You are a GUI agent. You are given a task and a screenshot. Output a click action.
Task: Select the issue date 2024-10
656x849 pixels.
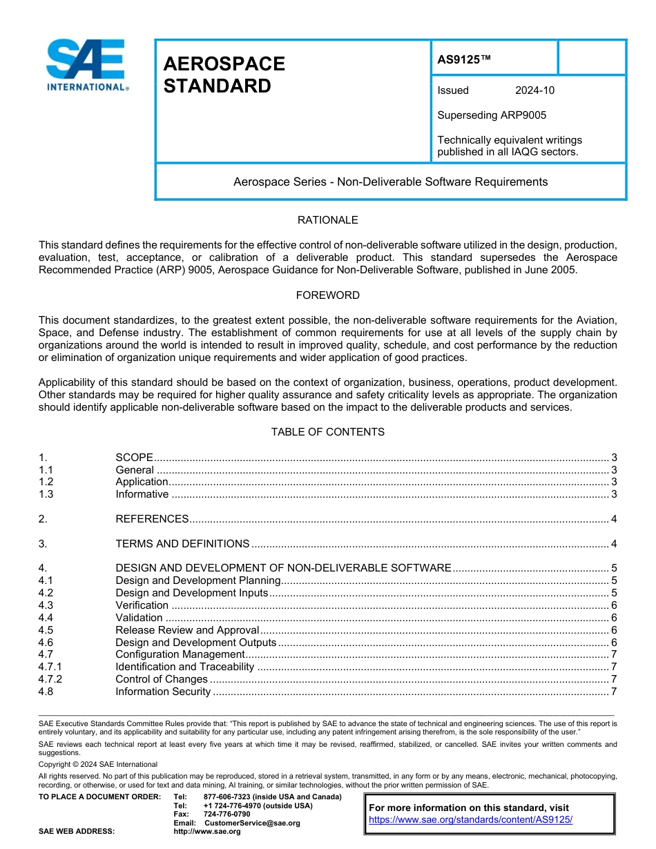click(x=534, y=90)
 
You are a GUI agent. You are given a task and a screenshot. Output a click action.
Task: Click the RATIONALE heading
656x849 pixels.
click(x=327, y=220)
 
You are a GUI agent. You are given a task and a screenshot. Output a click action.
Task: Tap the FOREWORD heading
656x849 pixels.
click(x=327, y=295)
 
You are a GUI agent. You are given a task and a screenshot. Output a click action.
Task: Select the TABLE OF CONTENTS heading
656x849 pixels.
click(x=327, y=432)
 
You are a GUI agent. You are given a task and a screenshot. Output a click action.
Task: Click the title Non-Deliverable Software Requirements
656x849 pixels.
click(x=390, y=182)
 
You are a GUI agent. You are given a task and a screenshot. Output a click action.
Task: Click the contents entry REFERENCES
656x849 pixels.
click(x=152, y=519)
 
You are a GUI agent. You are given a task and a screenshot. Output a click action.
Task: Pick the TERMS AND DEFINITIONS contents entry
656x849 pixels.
click(x=182, y=544)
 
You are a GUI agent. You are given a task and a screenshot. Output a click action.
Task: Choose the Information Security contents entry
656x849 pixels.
click(x=163, y=692)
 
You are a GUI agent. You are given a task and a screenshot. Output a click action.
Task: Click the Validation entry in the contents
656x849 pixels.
click(x=139, y=618)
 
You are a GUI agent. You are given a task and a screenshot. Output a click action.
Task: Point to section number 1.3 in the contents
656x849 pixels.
click(x=46, y=494)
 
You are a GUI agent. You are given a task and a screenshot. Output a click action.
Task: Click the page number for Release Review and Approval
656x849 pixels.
click(x=614, y=630)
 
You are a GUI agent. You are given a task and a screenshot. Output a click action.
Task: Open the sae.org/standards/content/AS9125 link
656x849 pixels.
click(x=471, y=820)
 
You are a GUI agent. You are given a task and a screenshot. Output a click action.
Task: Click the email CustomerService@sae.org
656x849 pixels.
click(x=252, y=823)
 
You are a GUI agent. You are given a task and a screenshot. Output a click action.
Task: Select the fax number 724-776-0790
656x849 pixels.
click(x=226, y=814)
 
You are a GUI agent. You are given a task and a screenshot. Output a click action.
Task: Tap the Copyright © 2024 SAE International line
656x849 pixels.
click(x=98, y=765)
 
